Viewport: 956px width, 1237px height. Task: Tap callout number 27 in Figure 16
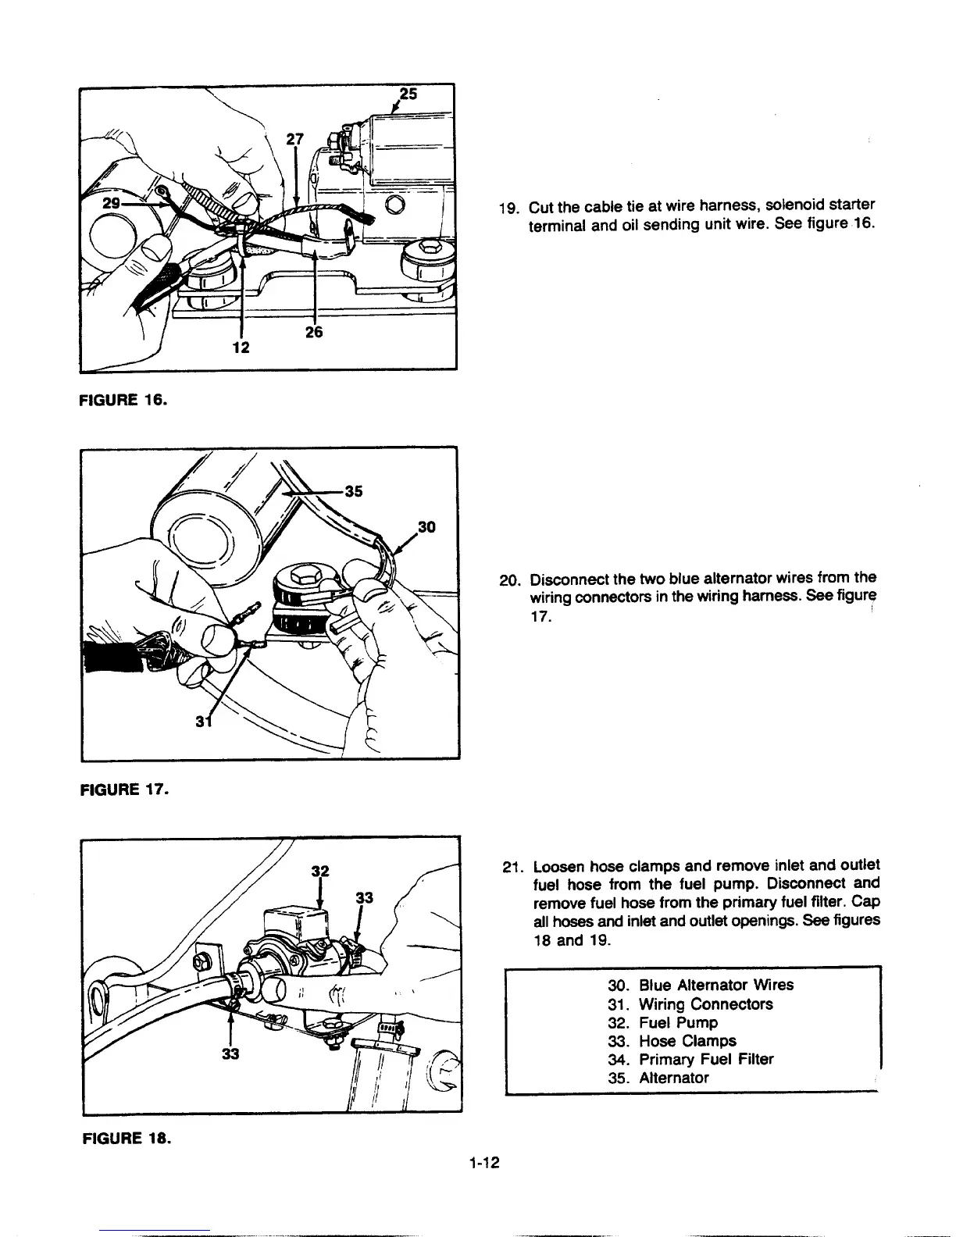[x=294, y=139]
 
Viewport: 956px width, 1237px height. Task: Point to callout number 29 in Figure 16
[x=111, y=201]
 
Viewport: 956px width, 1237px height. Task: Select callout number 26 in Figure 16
[x=314, y=331]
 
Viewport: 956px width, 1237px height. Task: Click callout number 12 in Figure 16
[x=241, y=348]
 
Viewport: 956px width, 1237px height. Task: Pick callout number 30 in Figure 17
[x=426, y=528]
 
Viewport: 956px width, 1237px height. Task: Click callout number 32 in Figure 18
[x=319, y=871]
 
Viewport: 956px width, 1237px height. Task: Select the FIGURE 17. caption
[x=125, y=789]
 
